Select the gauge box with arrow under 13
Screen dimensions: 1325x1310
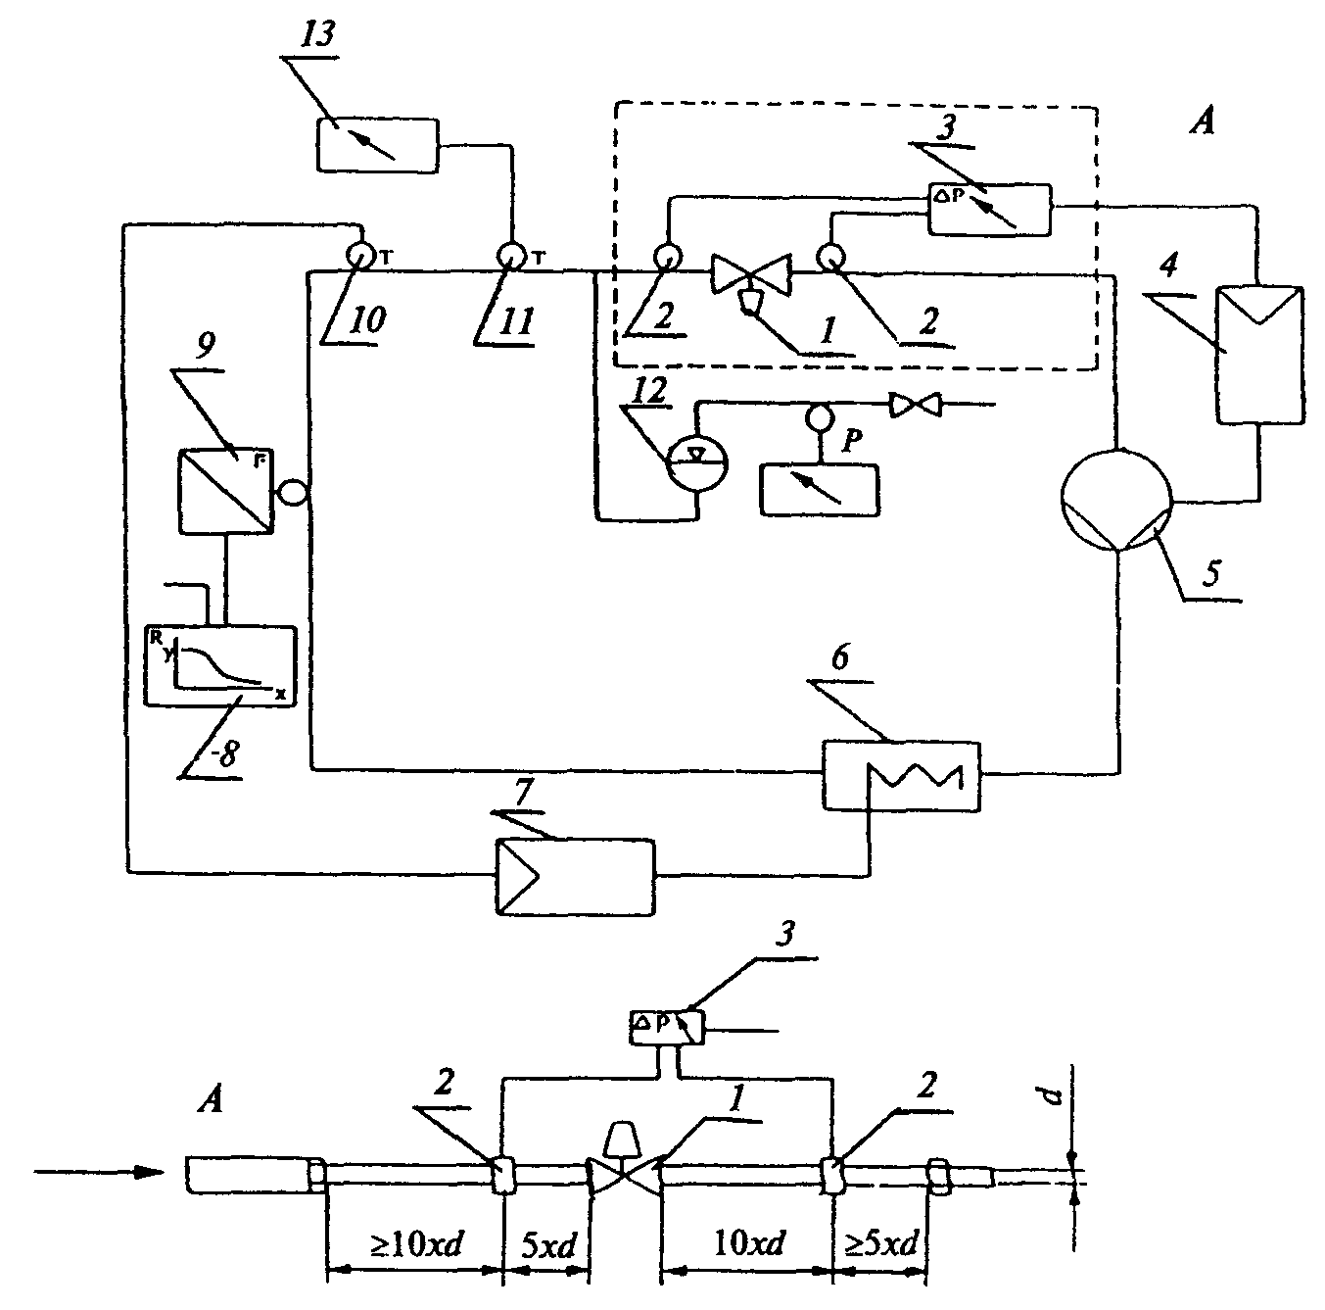[x=377, y=145]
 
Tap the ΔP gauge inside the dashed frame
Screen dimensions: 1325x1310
[x=989, y=209]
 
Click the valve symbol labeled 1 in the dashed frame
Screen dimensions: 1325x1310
[x=751, y=276]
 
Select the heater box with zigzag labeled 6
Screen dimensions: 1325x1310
[x=901, y=775]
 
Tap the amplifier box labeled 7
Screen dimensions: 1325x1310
[x=576, y=877]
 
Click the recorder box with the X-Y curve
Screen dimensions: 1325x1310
[x=220, y=666]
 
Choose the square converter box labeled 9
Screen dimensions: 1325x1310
[x=226, y=491]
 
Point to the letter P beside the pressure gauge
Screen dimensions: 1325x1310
[x=852, y=440]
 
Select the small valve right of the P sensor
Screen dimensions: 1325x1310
[x=916, y=405]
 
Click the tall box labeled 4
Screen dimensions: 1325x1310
[x=1259, y=355]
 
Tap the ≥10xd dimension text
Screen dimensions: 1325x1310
[x=416, y=1243]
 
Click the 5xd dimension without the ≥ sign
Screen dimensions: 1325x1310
[x=548, y=1244]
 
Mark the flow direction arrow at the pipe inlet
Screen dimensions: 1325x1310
[x=101, y=1172]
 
